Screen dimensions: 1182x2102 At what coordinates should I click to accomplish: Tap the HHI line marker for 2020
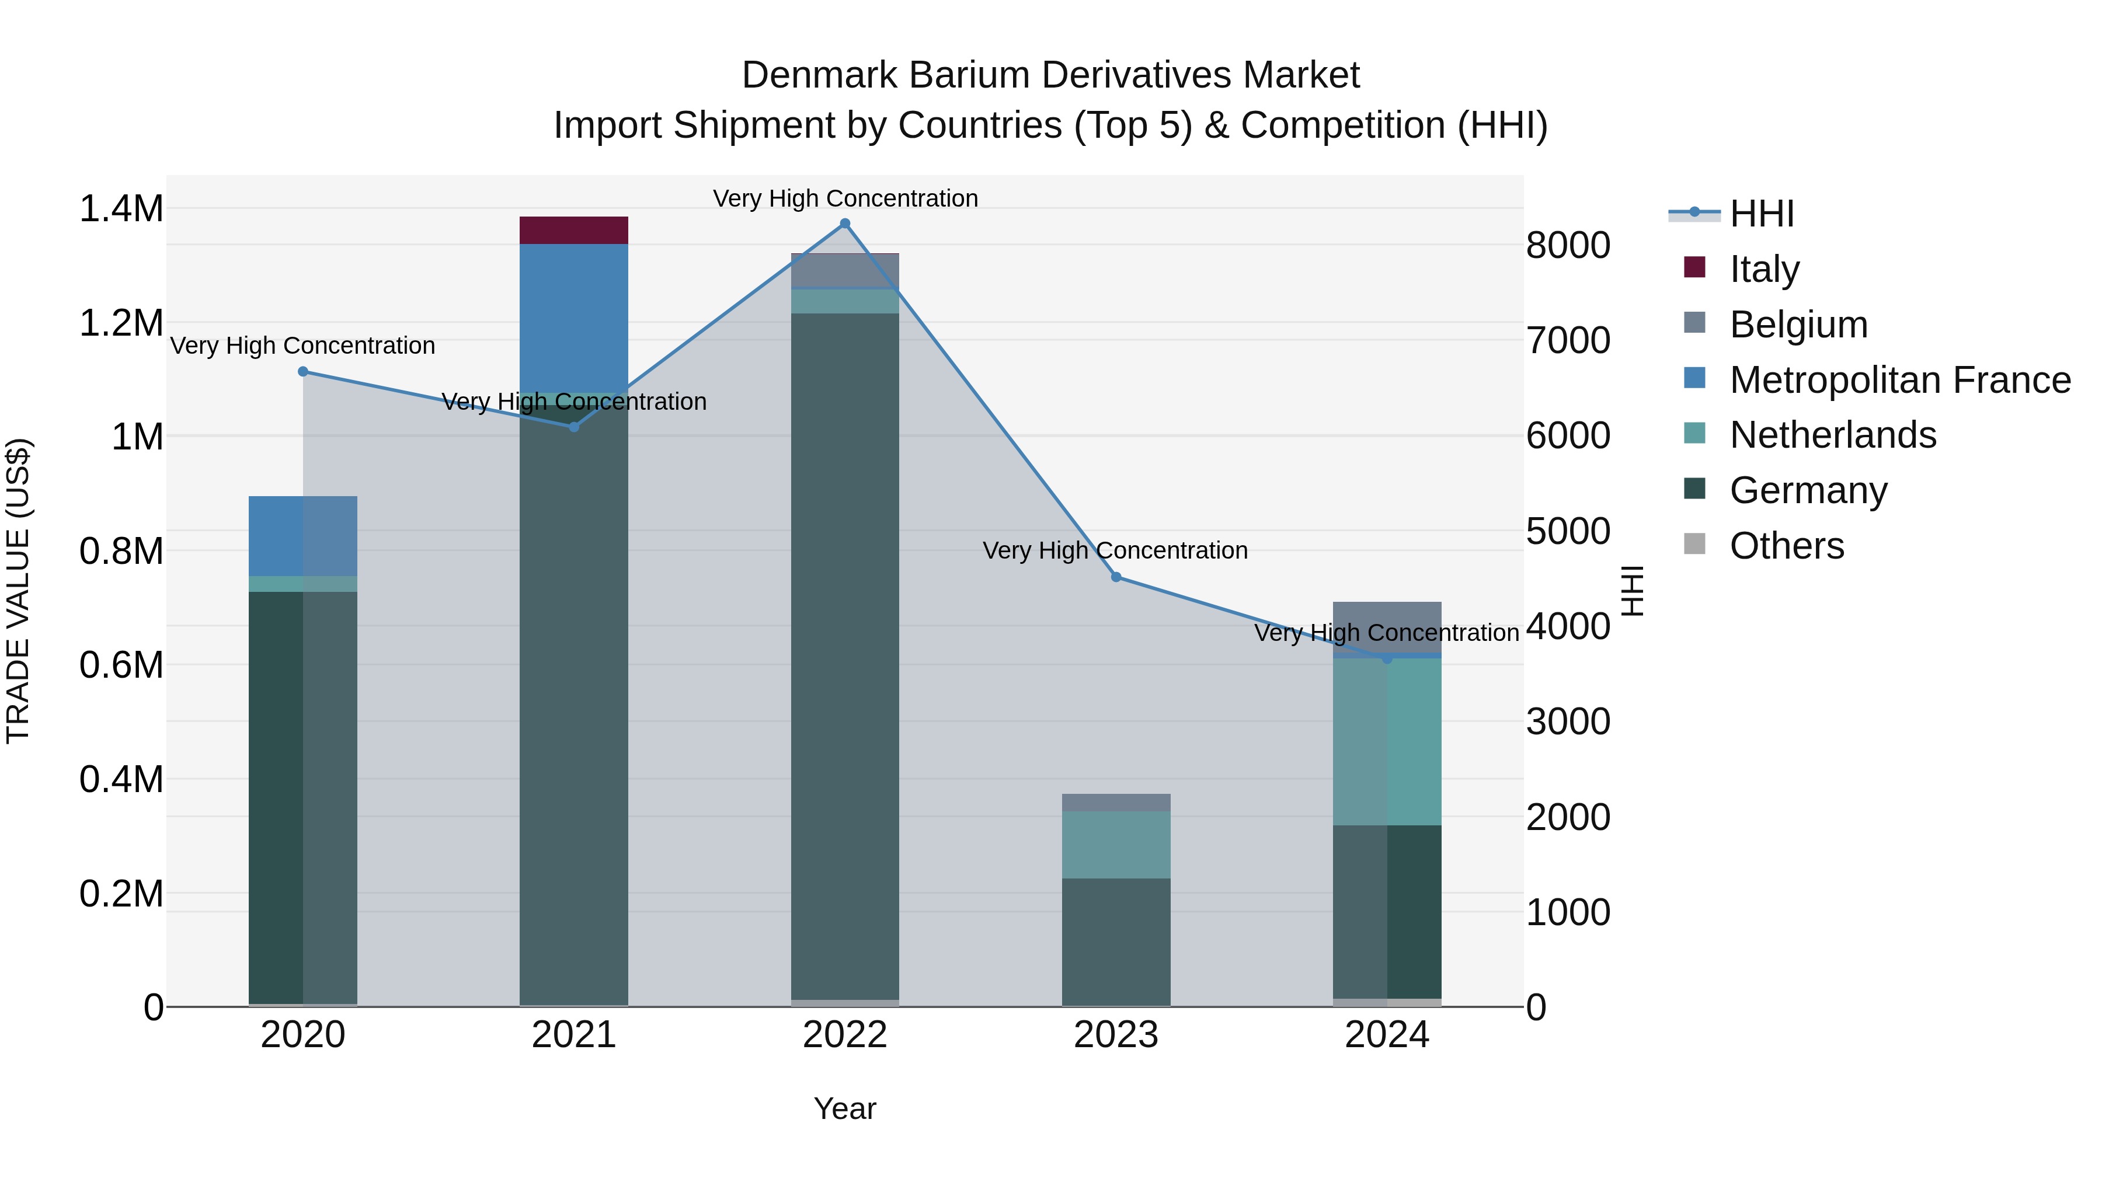coord(302,371)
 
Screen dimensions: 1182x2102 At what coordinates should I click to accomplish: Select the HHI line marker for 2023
coord(1116,577)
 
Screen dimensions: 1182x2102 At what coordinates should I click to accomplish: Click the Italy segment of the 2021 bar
coord(573,230)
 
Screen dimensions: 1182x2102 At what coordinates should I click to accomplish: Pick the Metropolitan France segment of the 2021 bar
coord(573,318)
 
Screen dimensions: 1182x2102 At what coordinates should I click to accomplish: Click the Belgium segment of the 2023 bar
coord(1116,803)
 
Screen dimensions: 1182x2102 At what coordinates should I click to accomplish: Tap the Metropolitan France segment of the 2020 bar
coord(302,536)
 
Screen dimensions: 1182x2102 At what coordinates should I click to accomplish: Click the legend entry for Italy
coord(1764,269)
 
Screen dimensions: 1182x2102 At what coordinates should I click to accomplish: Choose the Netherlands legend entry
coord(1833,435)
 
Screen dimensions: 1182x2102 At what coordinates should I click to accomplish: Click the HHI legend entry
coord(1761,214)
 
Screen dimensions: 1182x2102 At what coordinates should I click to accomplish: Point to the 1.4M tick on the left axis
coord(121,209)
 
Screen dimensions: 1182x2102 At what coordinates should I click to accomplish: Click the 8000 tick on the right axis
coord(1568,246)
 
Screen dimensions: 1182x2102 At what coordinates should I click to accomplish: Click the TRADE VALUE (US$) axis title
coord(19,591)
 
